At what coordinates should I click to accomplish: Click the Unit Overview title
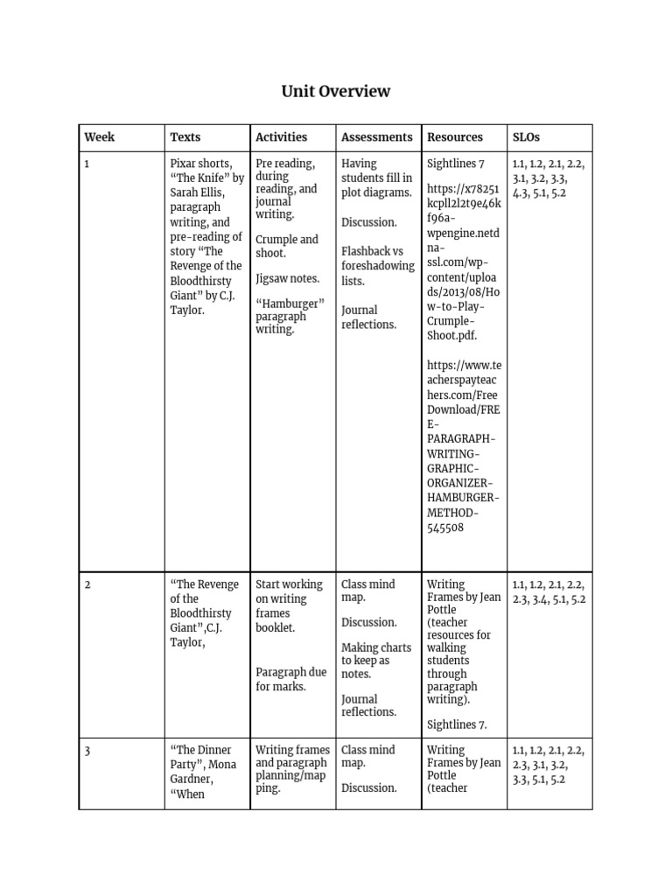click(x=335, y=91)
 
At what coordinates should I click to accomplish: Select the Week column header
click(x=99, y=136)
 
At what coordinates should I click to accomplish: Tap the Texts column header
click(x=185, y=136)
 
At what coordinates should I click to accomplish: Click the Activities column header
click(x=281, y=136)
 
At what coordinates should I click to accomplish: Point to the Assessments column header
click(x=376, y=136)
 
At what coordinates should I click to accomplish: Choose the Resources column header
click(x=454, y=136)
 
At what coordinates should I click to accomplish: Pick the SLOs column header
click(x=526, y=136)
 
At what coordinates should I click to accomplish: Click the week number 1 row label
click(x=87, y=164)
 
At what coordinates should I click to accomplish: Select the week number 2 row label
click(x=87, y=584)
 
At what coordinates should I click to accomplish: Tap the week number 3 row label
click(x=87, y=750)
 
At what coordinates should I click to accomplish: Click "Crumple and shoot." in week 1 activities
click(x=287, y=246)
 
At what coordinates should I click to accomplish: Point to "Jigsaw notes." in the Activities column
click(x=287, y=278)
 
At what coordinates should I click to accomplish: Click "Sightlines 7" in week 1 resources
click(x=456, y=164)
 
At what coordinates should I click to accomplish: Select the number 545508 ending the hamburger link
click(x=445, y=528)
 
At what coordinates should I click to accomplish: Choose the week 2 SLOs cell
click(x=549, y=591)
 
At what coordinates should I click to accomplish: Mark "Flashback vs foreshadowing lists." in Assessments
click(x=377, y=266)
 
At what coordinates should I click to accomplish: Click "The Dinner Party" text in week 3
click(x=201, y=757)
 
